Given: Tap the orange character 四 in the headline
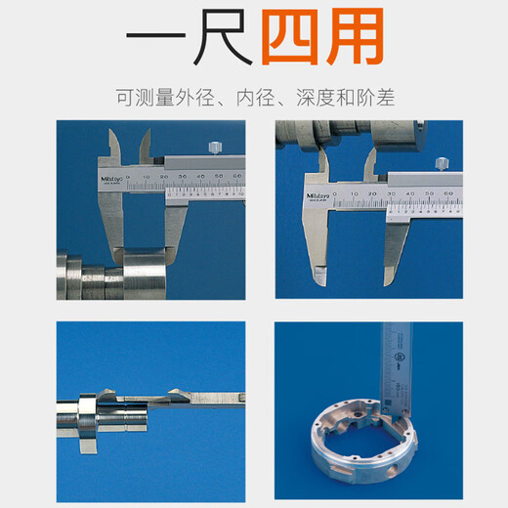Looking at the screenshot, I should (290, 41).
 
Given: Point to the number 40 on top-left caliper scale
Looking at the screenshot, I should (201, 179).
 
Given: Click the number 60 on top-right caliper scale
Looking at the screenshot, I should (448, 195).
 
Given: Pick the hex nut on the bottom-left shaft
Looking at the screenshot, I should (86, 402).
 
